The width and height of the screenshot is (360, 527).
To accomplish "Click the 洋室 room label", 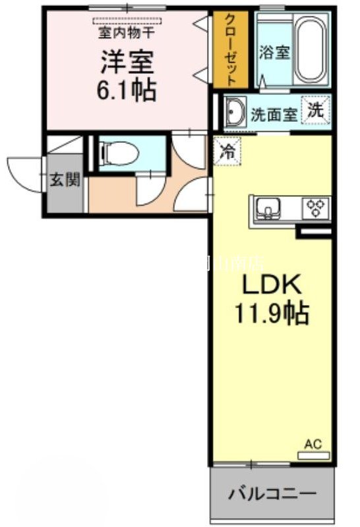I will [127, 62].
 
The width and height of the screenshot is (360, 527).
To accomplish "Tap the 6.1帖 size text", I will [127, 90].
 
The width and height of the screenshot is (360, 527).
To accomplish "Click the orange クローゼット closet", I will [231, 50].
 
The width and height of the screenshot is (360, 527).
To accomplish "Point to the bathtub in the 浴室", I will [312, 50].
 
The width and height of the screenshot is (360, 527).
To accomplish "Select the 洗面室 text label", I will [274, 114].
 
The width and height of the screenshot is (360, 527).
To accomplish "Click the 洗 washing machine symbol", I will [315, 110].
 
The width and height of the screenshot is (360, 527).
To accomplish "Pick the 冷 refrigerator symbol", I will [226, 150].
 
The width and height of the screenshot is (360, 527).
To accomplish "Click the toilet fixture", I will [119, 153].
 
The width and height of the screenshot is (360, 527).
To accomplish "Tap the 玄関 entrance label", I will [65, 180].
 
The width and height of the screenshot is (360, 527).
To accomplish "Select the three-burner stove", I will [315, 208].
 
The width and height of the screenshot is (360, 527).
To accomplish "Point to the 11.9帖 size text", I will [271, 314].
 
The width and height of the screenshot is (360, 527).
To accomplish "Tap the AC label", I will [313, 445].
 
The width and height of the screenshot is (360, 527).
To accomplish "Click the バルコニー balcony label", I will [272, 493].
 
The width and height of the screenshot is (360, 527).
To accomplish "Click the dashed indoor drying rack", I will [127, 21].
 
